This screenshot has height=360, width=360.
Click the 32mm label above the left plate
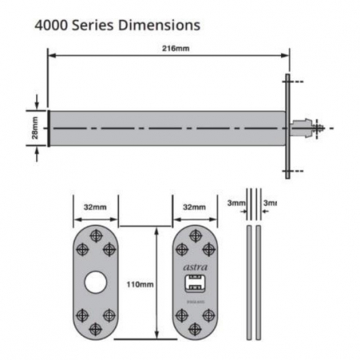click(94, 207)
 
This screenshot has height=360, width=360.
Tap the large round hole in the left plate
click(94, 284)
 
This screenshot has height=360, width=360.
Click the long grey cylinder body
click(166, 128)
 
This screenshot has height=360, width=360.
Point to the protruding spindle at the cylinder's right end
click(310, 128)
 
